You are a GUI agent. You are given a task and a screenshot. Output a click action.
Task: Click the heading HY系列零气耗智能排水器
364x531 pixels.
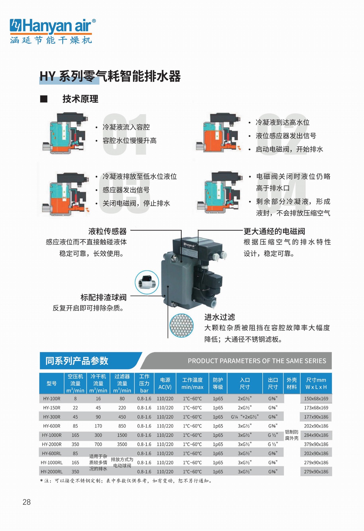pos(110,76)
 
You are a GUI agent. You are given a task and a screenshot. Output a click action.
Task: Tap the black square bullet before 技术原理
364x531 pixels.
pos(44,99)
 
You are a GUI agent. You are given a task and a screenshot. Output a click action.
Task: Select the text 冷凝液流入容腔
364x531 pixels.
pos(126,127)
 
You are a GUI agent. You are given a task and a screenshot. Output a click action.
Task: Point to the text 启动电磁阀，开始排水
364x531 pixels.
pos(289,149)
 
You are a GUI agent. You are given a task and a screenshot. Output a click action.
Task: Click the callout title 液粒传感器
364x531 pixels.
pos(107,231)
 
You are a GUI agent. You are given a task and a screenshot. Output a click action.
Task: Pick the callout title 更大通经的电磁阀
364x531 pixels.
pos(274,231)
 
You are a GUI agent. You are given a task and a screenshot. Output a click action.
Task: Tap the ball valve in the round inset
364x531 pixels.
pos(147,282)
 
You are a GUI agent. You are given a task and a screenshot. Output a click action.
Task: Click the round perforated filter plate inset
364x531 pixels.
pos(181,325)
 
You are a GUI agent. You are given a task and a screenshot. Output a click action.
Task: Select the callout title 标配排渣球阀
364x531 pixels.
pos(103,297)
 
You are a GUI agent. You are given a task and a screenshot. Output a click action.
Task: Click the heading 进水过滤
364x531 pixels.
pos(220,317)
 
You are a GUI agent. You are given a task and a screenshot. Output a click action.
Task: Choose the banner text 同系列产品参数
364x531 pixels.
pos(77,361)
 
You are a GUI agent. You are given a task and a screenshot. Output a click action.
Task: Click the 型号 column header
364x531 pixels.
pos(52,383)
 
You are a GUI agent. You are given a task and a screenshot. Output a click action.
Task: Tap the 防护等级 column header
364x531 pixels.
pos(218,383)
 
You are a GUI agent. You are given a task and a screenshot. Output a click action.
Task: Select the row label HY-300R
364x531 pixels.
pos(52,417)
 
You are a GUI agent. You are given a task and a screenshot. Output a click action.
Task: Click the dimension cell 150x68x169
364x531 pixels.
pos(316,399)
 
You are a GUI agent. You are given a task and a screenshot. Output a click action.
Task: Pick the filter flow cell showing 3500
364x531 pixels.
pos(122,444)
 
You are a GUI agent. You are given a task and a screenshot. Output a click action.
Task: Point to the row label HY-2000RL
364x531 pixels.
pos(52,472)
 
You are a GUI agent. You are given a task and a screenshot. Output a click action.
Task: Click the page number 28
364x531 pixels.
pos(27,502)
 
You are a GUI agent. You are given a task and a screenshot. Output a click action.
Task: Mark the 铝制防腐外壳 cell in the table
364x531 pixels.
pos(292,435)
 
